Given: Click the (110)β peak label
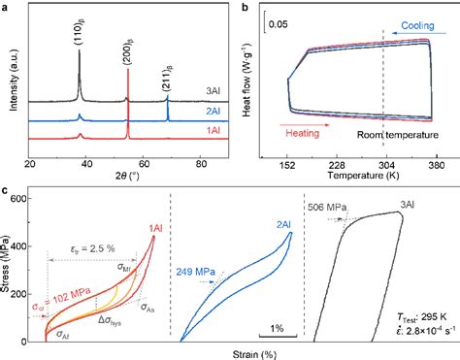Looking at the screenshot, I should click(67, 32).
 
